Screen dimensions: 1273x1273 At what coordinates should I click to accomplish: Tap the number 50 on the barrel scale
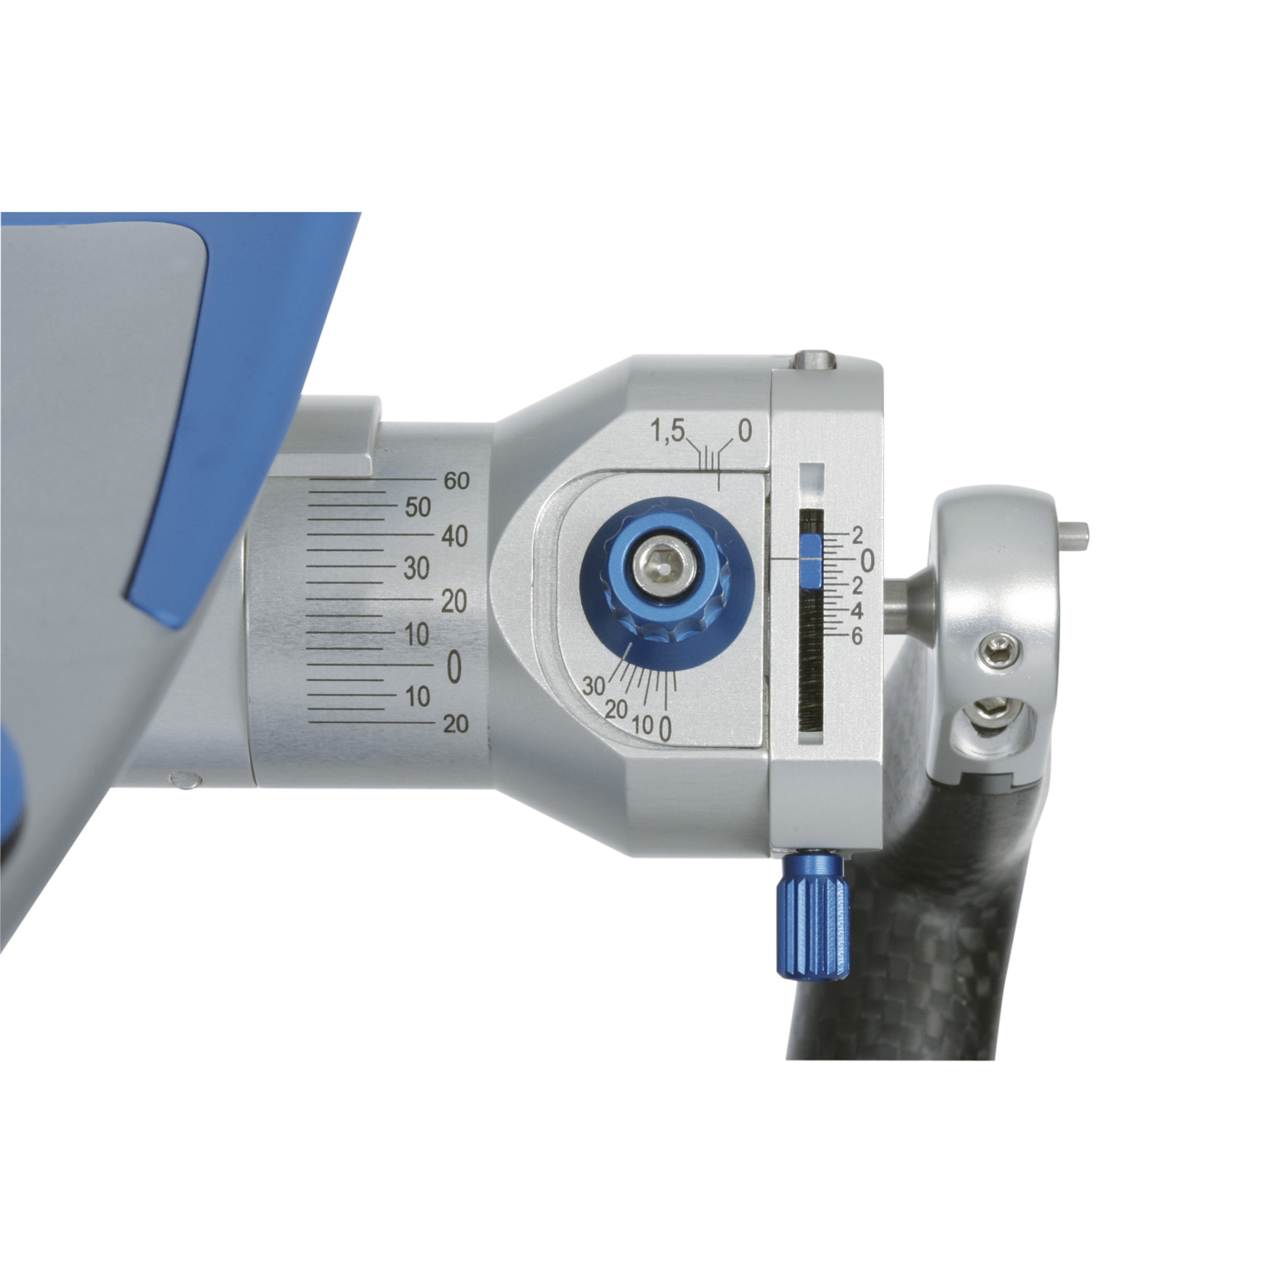(x=418, y=507)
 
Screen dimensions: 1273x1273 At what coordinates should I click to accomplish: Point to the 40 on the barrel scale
(x=455, y=536)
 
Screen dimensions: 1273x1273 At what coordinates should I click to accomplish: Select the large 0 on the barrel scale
(x=454, y=668)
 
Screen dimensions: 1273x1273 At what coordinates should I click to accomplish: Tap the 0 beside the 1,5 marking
(x=745, y=431)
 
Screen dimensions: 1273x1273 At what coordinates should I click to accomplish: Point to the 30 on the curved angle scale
(x=594, y=686)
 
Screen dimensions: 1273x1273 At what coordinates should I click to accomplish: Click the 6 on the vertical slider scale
(x=857, y=636)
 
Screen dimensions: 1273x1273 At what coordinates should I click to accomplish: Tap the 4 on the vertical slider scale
(x=857, y=612)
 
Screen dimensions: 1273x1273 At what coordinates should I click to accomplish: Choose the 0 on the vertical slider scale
(x=866, y=562)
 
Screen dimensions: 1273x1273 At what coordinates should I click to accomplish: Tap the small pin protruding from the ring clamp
(x=1077, y=535)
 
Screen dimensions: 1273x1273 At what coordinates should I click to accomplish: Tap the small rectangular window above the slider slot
(x=810, y=473)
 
